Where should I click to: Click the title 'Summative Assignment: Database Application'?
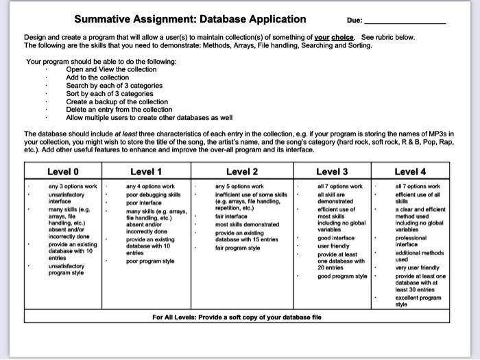tap(190, 19)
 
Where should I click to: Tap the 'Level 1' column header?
tap(146, 171)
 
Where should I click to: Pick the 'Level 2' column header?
tap(242, 171)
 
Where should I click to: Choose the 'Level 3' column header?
tap(332, 171)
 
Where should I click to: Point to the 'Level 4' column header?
tap(410, 171)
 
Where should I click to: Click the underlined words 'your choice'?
tap(335, 37)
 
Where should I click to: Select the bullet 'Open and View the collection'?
tap(111, 69)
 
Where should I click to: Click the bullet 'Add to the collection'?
tap(97, 77)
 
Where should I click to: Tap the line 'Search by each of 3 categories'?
tap(114, 86)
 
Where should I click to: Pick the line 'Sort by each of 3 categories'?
tap(109, 93)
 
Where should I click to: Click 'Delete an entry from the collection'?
tap(119, 109)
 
